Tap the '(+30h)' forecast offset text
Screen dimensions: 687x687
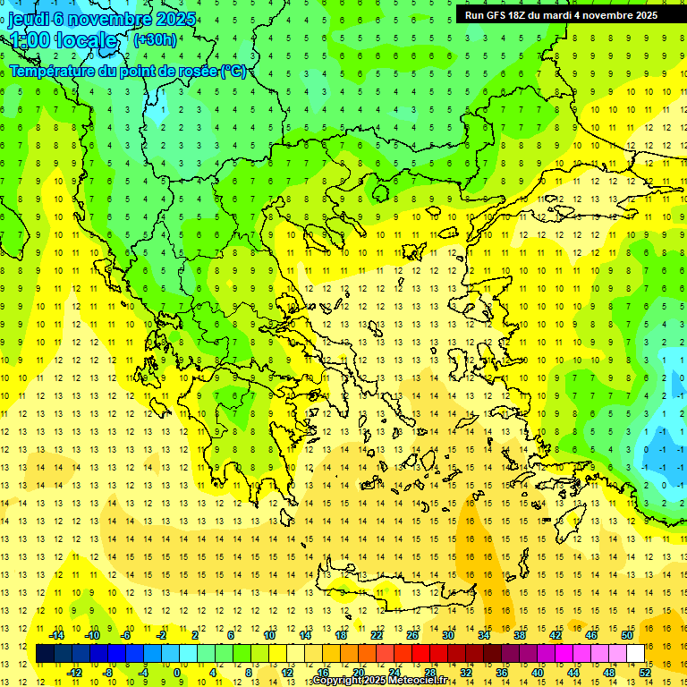(x=154, y=39)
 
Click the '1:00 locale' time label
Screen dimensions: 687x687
(x=64, y=40)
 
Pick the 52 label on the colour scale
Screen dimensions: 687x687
(x=645, y=673)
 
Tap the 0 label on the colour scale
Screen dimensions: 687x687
(x=177, y=673)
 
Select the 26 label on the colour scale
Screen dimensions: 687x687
(x=412, y=635)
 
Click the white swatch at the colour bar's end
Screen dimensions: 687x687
(x=636, y=654)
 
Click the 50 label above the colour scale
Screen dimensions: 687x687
(x=627, y=635)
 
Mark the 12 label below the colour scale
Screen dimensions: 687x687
(x=287, y=673)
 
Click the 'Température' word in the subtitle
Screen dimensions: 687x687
(x=55, y=72)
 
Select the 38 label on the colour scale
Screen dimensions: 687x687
(x=520, y=635)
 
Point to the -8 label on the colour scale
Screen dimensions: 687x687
(x=107, y=673)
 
